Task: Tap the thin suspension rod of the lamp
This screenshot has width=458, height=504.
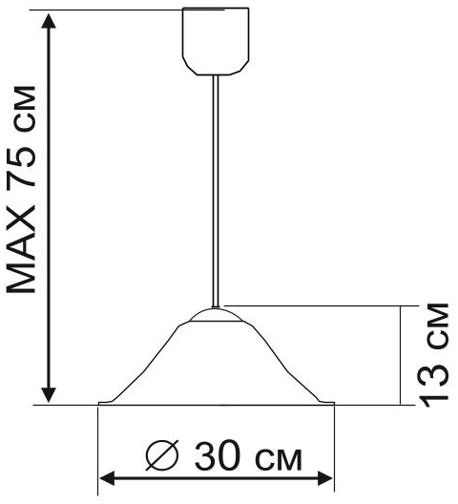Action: (x=218, y=191)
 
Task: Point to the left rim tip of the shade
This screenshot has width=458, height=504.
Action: (x=101, y=404)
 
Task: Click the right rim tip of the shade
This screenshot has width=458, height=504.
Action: (x=334, y=404)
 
